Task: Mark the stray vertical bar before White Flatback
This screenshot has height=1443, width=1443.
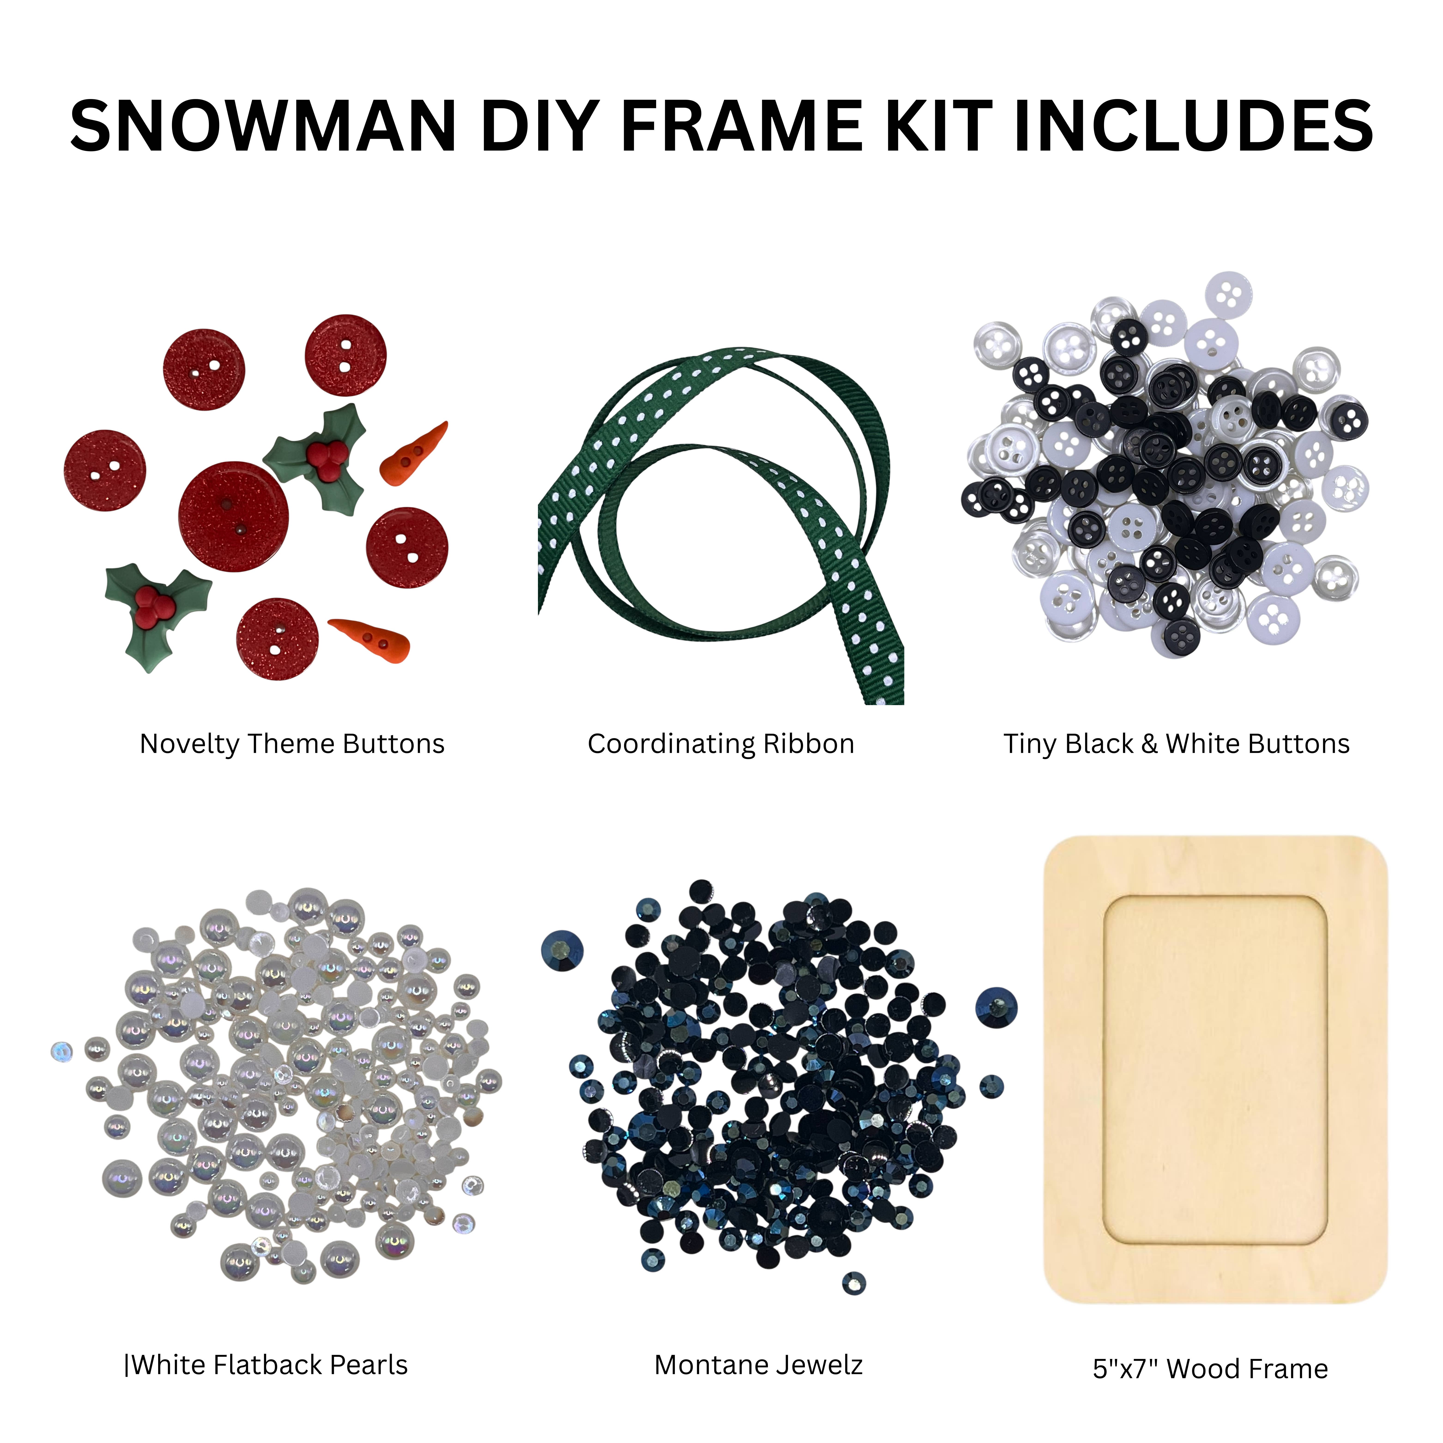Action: [126, 1365]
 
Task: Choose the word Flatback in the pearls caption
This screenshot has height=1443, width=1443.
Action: [267, 1365]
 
